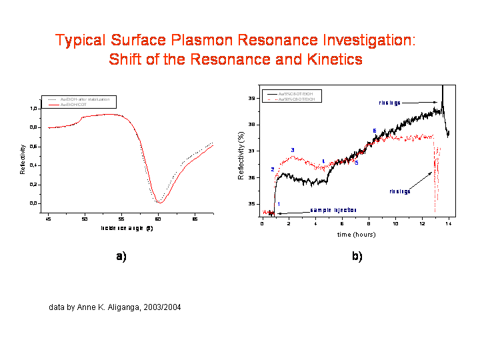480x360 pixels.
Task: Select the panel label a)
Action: pyautogui.click(x=121, y=257)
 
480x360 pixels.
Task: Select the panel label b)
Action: pyautogui.click(x=357, y=257)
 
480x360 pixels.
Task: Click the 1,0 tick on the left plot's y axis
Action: pyautogui.click(x=35, y=108)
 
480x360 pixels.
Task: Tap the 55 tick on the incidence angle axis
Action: pyautogui.click(x=121, y=218)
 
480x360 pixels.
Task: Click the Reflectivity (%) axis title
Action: pyautogui.click(x=241, y=155)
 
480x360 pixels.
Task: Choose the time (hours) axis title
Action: pyautogui.click(x=356, y=235)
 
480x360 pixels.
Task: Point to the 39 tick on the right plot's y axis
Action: pyautogui.click(x=252, y=98)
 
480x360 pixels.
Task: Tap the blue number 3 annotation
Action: pyautogui.click(x=293, y=150)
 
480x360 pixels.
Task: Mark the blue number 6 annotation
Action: pyautogui.click(x=374, y=131)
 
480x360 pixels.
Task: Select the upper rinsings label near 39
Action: pyautogui.click(x=390, y=103)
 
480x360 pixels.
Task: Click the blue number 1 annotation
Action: pyautogui.click(x=278, y=204)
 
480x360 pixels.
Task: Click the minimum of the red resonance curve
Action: pyautogui.click(x=159, y=202)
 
